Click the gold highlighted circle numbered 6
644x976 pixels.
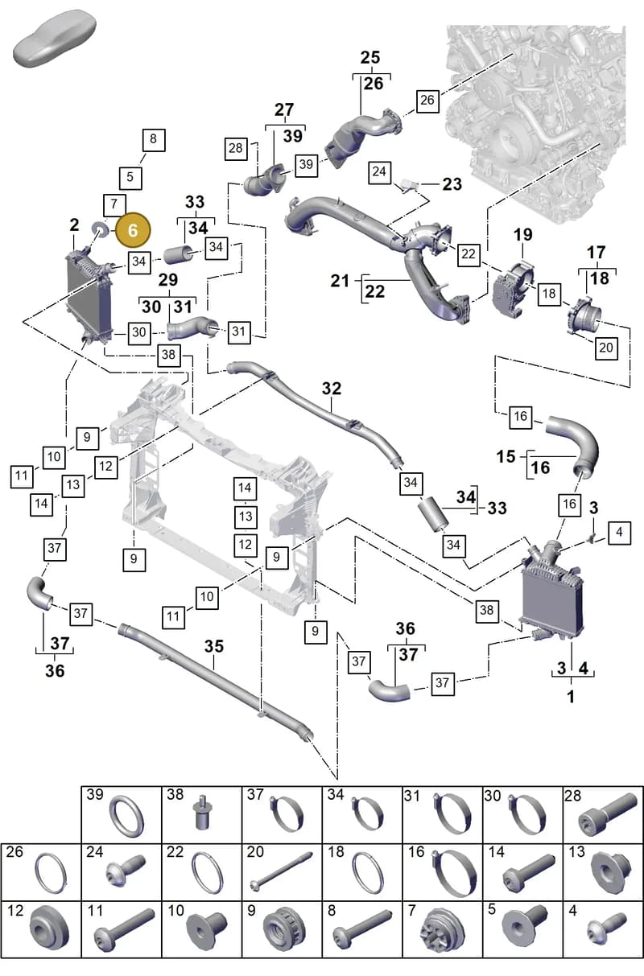[133, 230]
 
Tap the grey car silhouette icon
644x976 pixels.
[55, 38]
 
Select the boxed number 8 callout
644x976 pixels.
[154, 140]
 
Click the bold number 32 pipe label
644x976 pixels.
[332, 388]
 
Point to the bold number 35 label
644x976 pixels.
[213, 646]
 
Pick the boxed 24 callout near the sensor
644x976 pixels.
[379, 172]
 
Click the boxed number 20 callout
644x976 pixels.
[606, 348]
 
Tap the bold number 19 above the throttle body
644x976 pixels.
[522, 235]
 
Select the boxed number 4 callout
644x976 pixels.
[619, 533]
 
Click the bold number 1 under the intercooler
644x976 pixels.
[571, 697]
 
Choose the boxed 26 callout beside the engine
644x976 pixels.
[427, 101]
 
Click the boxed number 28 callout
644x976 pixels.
[236, 149]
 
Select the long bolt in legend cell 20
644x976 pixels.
[282, 871]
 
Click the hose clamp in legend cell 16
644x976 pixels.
[454, 874]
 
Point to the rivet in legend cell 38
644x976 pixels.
[201, 814]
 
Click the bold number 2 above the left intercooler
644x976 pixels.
[75, 225]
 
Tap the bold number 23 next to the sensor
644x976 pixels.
[452, 184]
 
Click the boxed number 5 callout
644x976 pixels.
[130, 178]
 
